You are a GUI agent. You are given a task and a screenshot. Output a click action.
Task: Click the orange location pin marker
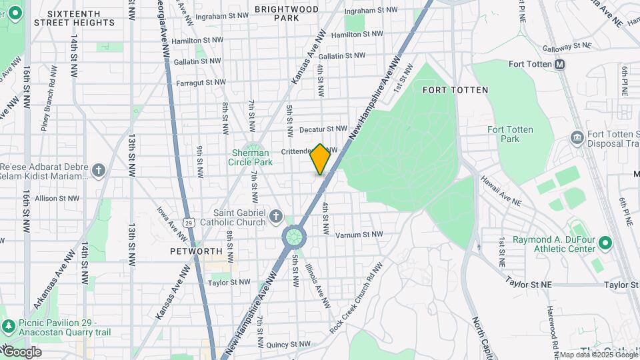320,159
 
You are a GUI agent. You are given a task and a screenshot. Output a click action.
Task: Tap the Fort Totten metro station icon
559,64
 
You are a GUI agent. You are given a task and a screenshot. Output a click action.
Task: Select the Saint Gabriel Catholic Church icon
276,217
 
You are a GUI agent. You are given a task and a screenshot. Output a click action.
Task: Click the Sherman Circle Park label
251,157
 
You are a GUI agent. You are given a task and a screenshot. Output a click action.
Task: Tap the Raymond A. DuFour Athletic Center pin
605,243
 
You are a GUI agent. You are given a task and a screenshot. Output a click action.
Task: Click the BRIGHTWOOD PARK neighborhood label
286,13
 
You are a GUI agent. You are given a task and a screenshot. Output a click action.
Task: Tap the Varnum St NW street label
360,235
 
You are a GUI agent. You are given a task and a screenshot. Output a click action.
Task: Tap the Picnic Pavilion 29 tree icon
8,327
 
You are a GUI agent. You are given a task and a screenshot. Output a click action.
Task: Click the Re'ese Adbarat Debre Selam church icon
99,171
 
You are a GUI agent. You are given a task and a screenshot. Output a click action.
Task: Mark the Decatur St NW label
323,129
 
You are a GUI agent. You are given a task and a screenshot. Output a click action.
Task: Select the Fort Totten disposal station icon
577,138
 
